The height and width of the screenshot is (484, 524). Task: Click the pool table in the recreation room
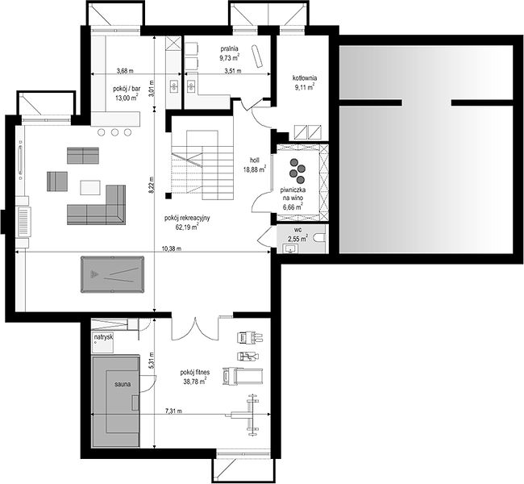(x=112, y=274)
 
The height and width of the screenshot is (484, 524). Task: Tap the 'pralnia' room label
(x=229, y=49)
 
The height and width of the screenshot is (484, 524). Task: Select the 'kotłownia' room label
(x=305, y=78)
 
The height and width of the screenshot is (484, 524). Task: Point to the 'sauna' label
(x=123, y=384)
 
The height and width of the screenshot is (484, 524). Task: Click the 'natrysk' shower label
(x=103, y=337)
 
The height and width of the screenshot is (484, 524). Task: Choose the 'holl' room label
(x=254, y=161)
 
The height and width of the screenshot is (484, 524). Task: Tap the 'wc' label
(x=297, y=230)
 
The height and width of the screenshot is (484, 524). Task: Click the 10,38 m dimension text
(x=172, y=248)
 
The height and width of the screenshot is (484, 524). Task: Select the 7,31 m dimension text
(x=174, y=411)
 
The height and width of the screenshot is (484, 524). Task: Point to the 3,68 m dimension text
(x=125, y=70)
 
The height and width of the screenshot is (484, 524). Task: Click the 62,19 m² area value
(x=187, y=227)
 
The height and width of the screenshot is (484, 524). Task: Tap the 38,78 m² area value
(x=195, y=381)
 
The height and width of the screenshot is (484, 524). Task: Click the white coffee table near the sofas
(x=90, y=187)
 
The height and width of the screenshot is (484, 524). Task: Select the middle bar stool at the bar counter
(x=114, y=132)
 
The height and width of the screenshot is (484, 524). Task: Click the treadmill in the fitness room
(x=243, y=375)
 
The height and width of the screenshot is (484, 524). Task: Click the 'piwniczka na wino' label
(x=293, y=198)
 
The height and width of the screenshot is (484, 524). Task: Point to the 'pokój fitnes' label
(x=195, y=372)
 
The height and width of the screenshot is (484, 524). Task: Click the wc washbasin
(x=290, y=248)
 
